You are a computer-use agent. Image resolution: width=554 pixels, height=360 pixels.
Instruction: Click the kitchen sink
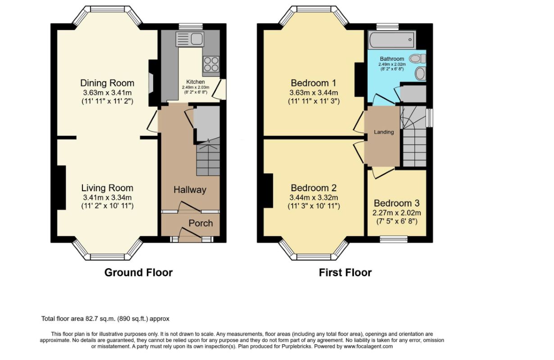click(190, 39)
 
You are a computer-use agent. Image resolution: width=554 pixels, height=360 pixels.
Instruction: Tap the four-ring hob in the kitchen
click(211, 64)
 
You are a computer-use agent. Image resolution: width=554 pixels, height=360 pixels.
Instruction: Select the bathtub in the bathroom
click(392, 40)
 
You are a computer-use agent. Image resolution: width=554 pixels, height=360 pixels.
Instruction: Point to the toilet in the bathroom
click(418, 58)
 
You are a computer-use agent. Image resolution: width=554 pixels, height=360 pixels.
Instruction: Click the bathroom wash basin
click(420, 73)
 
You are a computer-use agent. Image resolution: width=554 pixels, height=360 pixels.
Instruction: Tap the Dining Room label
click(107, 83)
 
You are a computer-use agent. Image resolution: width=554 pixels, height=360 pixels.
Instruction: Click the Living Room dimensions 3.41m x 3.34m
click(107, 198)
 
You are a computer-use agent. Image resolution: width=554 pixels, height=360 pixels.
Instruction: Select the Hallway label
click(190, 190)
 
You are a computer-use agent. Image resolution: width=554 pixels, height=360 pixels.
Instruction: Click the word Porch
click(200, 223)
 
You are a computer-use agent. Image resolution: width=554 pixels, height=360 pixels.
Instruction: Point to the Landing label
click(384, 132)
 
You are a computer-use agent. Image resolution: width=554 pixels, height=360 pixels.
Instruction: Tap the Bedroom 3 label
click(397, 203)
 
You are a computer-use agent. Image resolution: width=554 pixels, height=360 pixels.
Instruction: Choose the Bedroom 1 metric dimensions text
click(313, 93)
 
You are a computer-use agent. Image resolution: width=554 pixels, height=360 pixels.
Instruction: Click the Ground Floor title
click(138, 273)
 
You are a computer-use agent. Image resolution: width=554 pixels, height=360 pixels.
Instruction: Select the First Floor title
click(345, 273)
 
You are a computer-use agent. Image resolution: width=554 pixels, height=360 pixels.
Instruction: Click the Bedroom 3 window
click(394, 239)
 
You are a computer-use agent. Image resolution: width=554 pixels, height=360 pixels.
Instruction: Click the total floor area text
click(105, 319)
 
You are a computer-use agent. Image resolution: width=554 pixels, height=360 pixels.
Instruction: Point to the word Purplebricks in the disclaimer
click(296, 346)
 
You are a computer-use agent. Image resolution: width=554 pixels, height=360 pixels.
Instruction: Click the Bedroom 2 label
click(313, 188)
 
